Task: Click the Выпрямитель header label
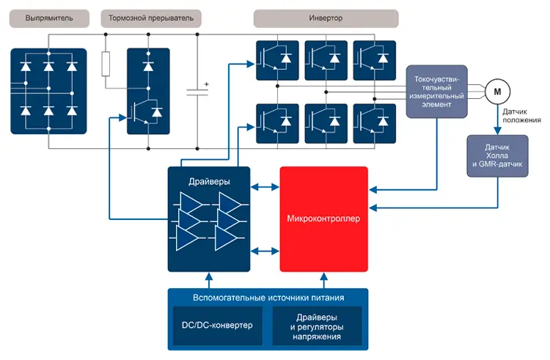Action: pyautogui.click(x=48, y=18)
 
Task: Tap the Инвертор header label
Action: pyautogui.click(x=326, y=18)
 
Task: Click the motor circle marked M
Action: pyautogui.click(x=497, y=92)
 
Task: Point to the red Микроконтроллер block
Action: pyautogui.click(x=324, y=218)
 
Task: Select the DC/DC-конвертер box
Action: pyautogui.click(x=217, y=325)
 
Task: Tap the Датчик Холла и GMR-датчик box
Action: pyautogui.click(x=499, y=155)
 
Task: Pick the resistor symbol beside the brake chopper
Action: pyautogui.click(x=106, y=63)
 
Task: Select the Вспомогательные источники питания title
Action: pyautogui.click(x=268, y=298)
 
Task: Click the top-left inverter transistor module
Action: pyautogui.click(x=277, y=59)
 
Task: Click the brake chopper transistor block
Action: pyautogui.click(x=148, y=91)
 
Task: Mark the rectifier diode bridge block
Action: pyautogui.click(x=48, y=90)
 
